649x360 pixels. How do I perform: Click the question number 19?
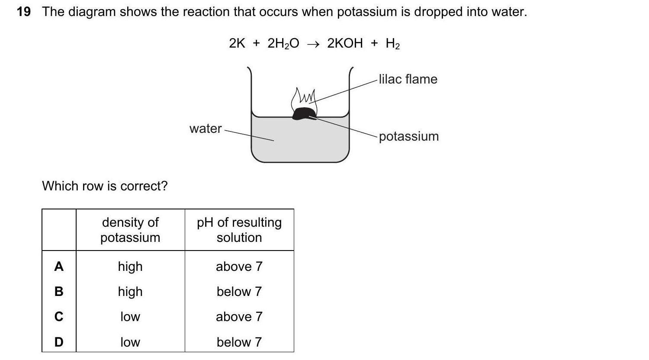24,12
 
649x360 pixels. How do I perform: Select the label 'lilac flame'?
408,79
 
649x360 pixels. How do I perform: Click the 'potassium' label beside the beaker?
409,136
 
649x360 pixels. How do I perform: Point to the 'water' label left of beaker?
206,129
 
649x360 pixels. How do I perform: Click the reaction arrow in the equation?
313,44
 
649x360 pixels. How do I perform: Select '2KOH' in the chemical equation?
345,43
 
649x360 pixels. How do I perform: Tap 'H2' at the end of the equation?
392,44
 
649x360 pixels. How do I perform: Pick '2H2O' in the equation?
283,43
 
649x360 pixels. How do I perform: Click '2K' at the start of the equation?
237,43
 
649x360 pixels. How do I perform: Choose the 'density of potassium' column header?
130,230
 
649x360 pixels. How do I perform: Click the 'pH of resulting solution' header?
239,230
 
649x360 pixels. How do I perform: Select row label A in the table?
59,267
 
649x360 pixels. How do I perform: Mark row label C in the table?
59,317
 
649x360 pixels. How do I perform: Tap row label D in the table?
59,342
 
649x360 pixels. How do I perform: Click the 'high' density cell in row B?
130,292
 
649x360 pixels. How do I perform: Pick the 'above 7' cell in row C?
239,317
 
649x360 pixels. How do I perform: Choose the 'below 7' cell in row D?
239,342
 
